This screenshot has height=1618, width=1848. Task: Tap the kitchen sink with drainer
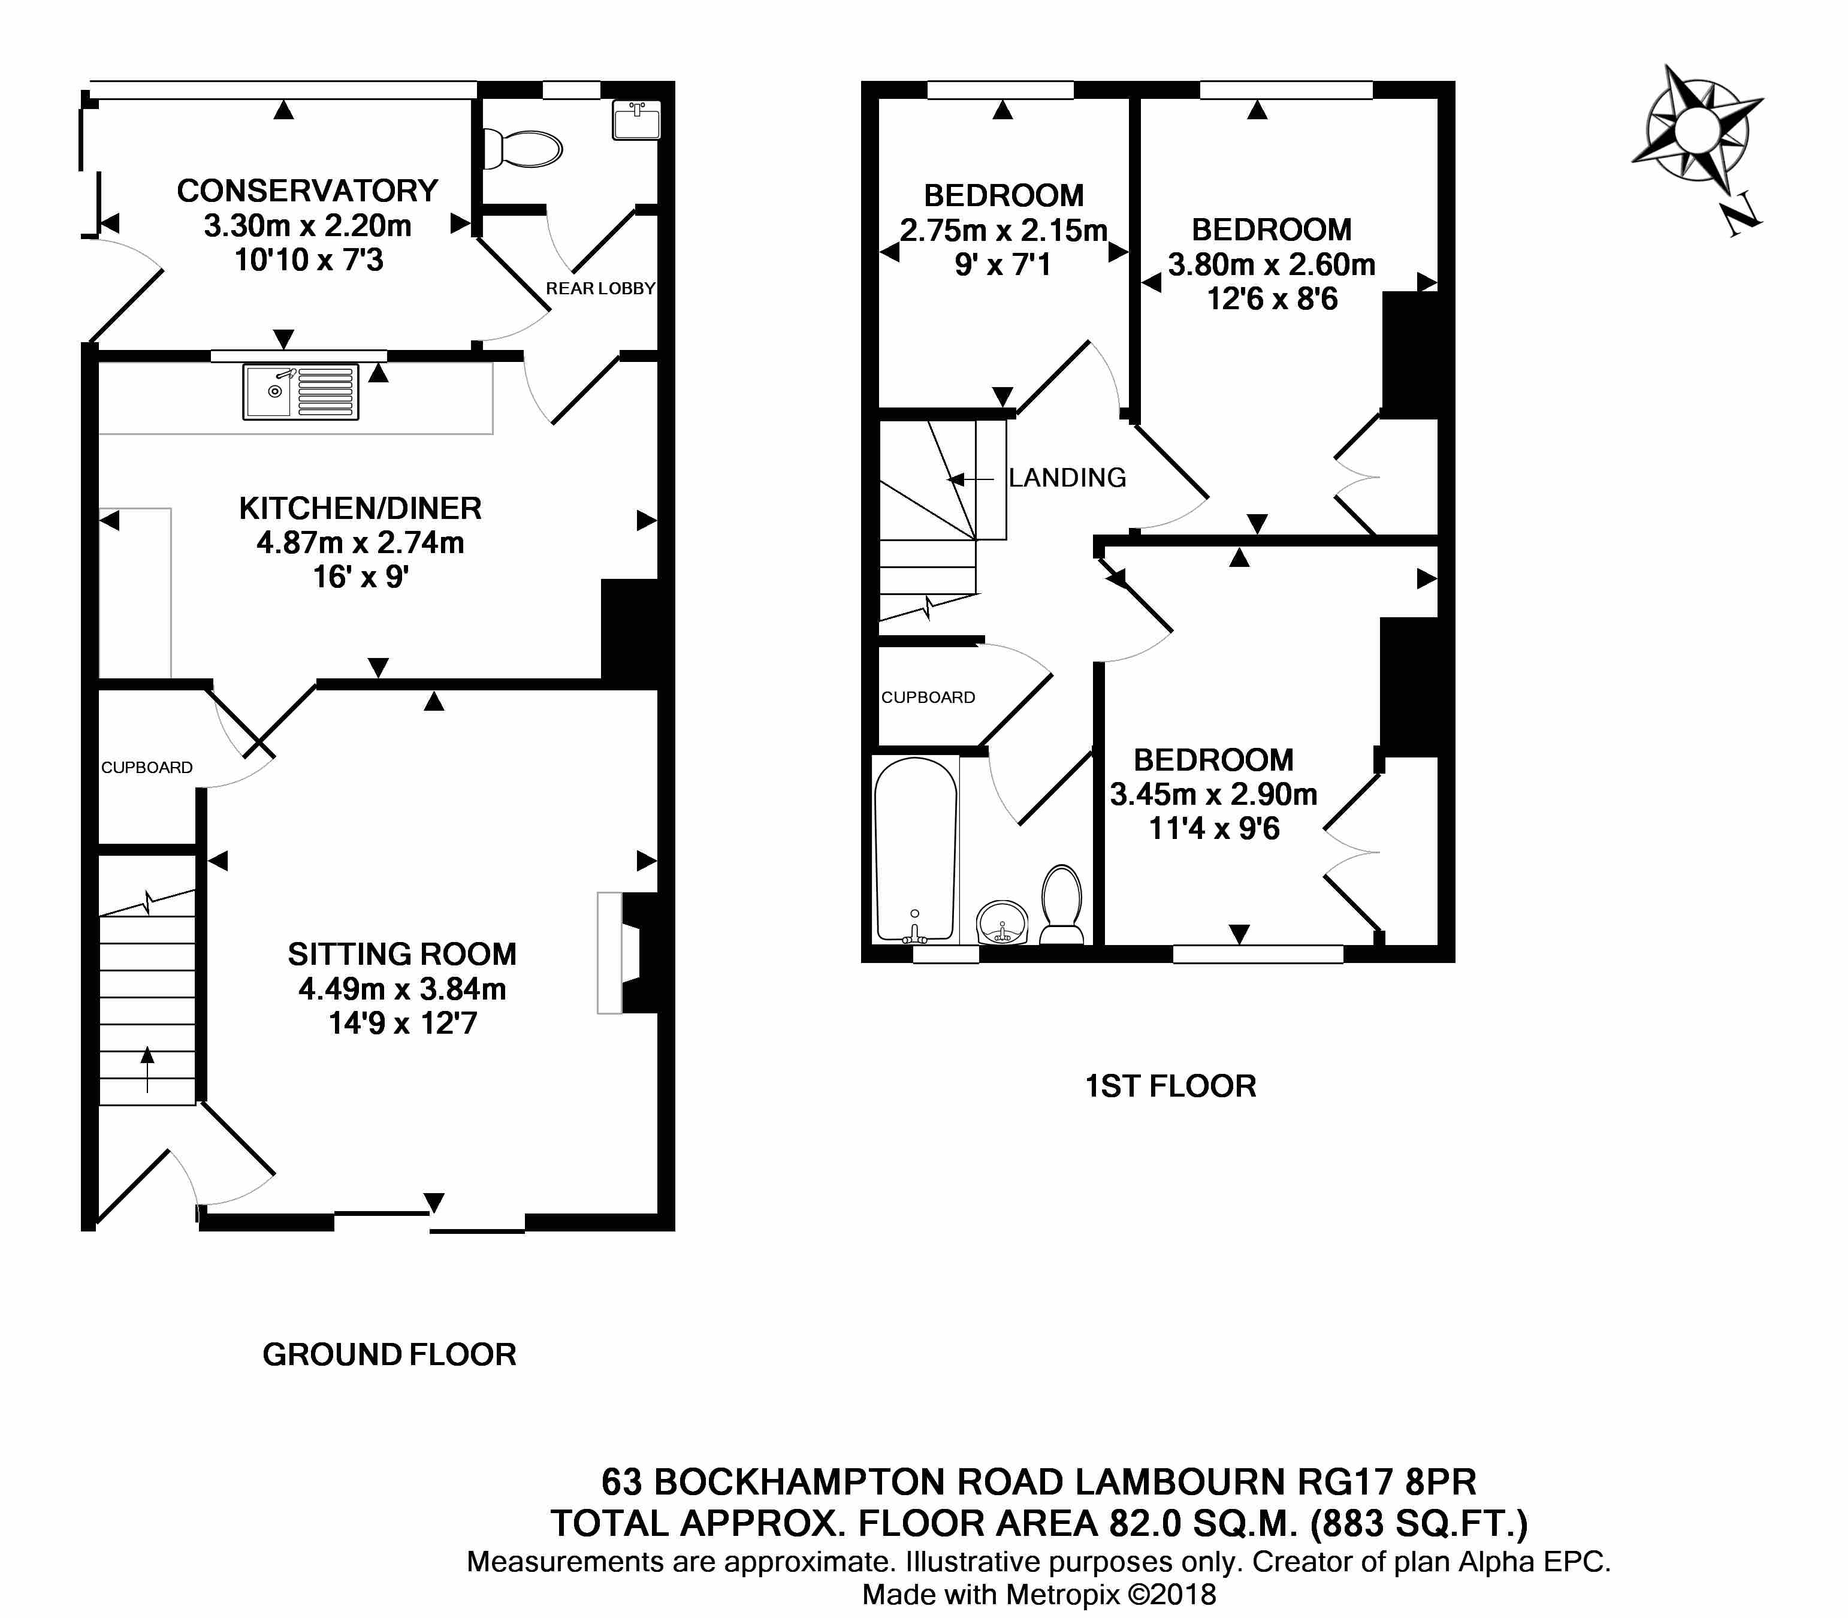coord(301,392)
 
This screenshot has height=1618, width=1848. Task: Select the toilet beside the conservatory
coord(523,148)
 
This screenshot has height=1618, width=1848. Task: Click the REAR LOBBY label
coord(600,288)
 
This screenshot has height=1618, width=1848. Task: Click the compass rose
coord(1697,132)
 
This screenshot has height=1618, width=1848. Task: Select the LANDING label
coord(1067,477)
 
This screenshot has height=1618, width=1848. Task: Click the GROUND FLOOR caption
coord(389,1354)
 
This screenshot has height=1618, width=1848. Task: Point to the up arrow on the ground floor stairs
coord(146,1070)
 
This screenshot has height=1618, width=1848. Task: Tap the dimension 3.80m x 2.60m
coord(1271,264)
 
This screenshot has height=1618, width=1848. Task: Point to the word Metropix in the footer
coord(1062,1593)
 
